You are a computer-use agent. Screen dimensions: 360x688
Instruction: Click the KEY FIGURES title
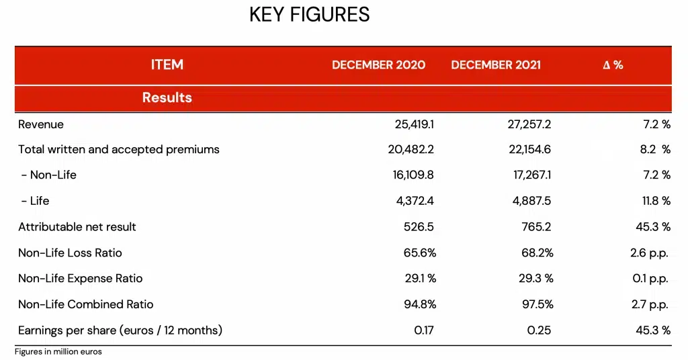(309, 15)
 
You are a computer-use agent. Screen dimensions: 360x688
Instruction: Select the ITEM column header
(167, 65)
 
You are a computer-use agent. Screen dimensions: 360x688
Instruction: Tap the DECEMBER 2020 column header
(378, 65)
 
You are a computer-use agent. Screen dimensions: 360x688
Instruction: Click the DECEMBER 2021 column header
(496, 65)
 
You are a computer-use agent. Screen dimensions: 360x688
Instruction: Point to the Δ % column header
(613, 65)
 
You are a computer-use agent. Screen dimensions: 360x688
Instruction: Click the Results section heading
(167, 98)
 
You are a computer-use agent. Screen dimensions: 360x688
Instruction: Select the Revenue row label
(41, 124)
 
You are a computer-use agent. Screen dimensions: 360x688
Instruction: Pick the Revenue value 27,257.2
(529, 124)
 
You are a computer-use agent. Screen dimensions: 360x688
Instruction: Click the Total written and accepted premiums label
(119, 150)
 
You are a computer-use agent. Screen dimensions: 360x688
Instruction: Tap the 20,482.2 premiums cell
(411, 150)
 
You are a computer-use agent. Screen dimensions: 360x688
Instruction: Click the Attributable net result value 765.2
(536, 227)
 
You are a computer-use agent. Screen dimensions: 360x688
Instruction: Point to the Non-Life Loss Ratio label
(70, 253)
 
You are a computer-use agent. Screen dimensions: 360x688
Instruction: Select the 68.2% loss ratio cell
(537, 253)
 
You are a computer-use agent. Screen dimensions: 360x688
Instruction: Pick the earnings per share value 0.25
(542, 330)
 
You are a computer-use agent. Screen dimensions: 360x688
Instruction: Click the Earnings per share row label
(120, 330)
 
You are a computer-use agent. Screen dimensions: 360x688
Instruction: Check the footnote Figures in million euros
(58, 352)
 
